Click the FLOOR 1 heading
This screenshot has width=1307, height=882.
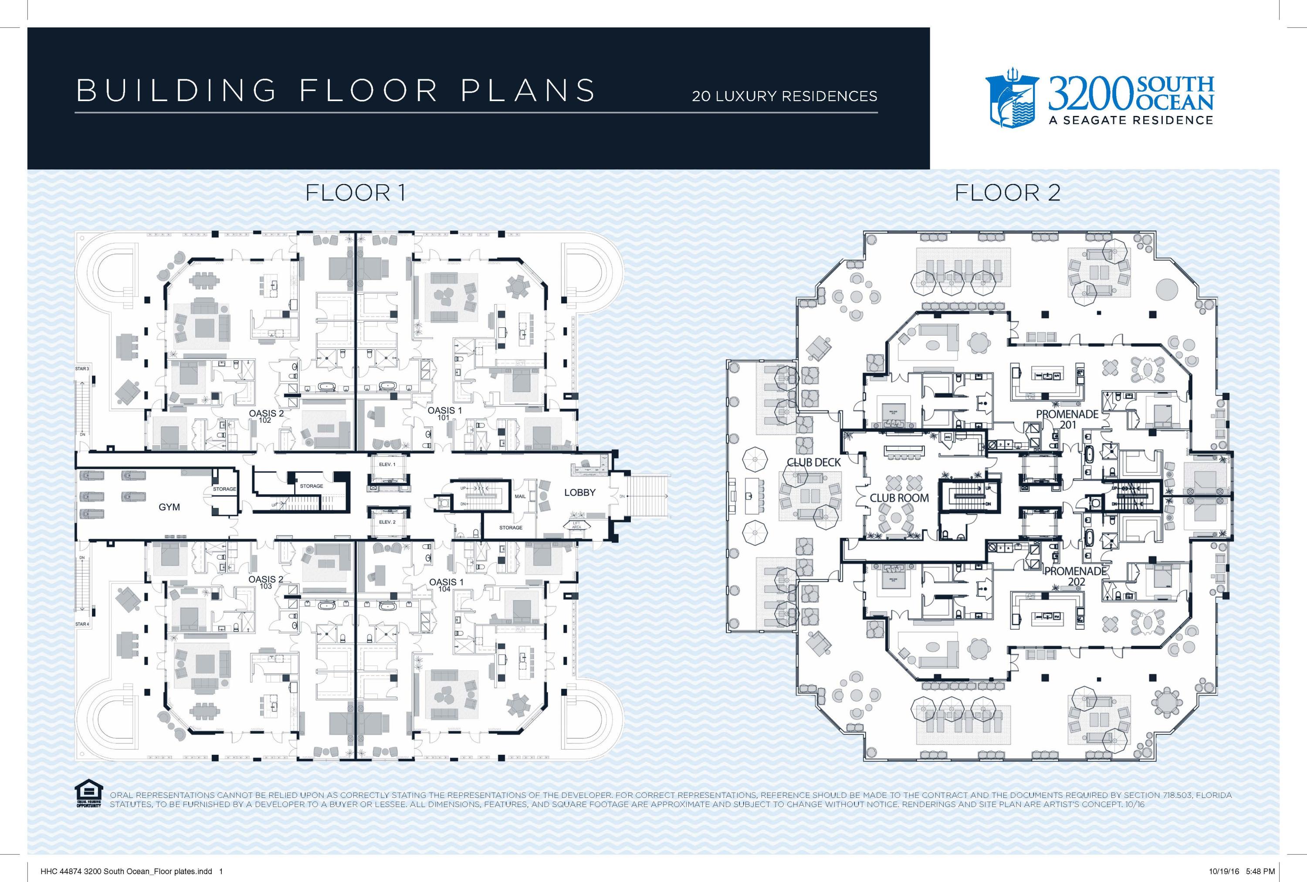click(x=355, y=193)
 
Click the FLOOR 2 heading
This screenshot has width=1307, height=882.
click(x=1007, y=193)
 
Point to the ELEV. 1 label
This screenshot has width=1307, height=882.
click(x=387, y=464)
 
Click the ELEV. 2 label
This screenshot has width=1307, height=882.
click(x=387, y=522)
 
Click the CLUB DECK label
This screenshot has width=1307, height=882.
click(x=813, y=462)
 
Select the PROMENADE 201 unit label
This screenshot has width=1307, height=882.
click(x=1067, y=419)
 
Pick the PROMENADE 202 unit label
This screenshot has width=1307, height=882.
click(x=1075, y=577)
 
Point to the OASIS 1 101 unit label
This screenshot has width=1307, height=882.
click(x=444, y=414)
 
